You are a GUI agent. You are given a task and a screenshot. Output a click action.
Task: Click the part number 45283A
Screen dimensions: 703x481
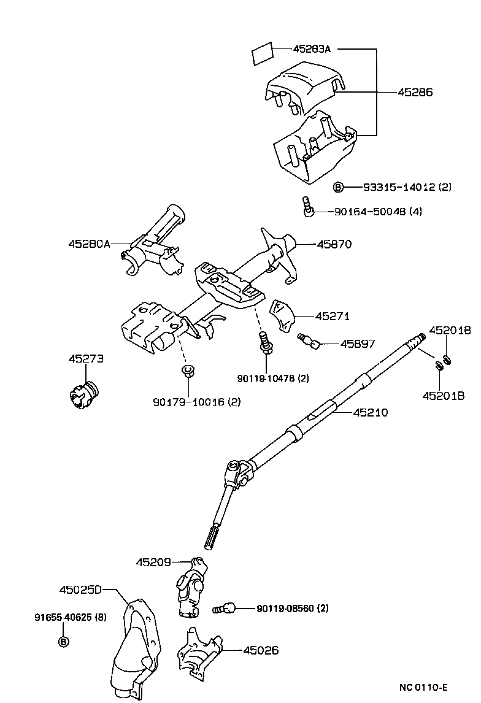(x=312, y=49)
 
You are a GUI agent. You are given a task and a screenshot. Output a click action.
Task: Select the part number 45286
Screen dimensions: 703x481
(x=415, y=93)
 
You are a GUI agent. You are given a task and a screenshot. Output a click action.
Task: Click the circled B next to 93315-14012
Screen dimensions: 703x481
(x=338, y=187)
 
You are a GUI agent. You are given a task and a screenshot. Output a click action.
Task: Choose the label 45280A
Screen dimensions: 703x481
(x=89, y=244)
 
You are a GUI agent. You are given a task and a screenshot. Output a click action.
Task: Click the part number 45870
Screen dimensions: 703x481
(x=334, y=244)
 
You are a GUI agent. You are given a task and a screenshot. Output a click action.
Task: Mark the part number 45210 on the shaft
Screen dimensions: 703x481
(x=371, y=413)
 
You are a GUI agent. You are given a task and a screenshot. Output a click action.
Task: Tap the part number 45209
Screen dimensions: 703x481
(x=153, y=561)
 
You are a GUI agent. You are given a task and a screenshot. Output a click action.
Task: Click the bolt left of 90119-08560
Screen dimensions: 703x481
(x=225, y=609)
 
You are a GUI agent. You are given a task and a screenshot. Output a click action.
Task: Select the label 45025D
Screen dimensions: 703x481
(x=80, y=590)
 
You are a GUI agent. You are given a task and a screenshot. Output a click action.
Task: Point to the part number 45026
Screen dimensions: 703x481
(x=261, y=650)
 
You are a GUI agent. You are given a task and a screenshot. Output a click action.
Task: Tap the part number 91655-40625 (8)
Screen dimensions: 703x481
(x=70, y=617)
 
